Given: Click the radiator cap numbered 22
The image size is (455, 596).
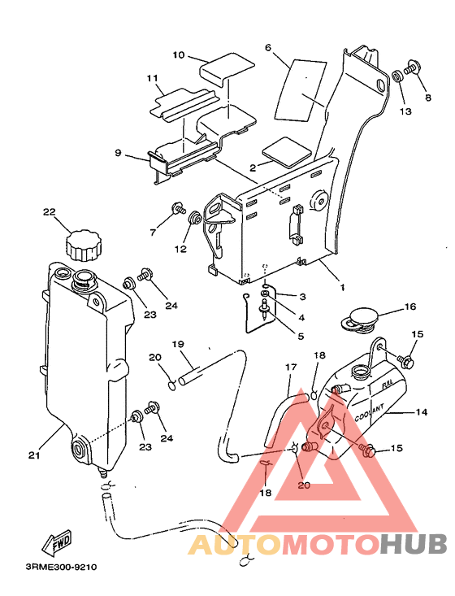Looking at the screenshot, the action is pyautogui.click(x=84, y=246).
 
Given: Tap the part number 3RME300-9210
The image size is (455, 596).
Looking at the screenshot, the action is pyautogui.click(x=61, y=568).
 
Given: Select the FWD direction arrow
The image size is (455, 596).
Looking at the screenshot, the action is pyautogui.click(x=57, y=542).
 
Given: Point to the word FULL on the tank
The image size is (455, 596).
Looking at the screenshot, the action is pyautogui.click(x=388, y=384).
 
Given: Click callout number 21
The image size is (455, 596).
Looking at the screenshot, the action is pyautogui.click(x=34, y=455).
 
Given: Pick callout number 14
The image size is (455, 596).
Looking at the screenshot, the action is pyautogui.click(x=422, y=412).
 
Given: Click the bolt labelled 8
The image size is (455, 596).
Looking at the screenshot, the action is pyautogui.click(x=411, y=68).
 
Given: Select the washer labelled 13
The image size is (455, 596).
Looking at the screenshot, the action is pyautogui.click(x=396, y=76).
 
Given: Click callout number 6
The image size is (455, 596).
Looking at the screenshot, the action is pyautogui.click(x=268, y=47).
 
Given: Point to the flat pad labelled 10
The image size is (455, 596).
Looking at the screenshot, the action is pyautogui.click(x=227, y=70).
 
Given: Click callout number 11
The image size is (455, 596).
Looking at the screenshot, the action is pyautogui.click(x=152, y=78).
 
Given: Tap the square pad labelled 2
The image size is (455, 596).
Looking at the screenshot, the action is pyautogui.click(x=287, y=152).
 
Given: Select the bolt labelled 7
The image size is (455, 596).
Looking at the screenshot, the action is pyautogui.click(x=179, y=208).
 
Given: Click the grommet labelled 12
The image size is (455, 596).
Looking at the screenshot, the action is pyautogui.click(x=195, y=217).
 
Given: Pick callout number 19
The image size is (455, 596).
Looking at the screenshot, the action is pyautogui.click(x=178, y=345).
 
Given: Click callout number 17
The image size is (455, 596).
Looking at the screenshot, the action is pyautogui.click(x=291, y=368).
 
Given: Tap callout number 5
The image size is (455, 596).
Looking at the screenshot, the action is pyautogui.click(x=301, y=337).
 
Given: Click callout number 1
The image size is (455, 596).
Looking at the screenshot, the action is pyautogui.click(x=342, y=288).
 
